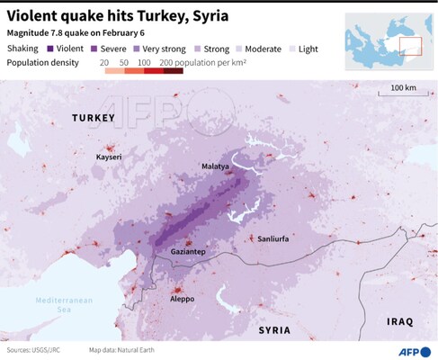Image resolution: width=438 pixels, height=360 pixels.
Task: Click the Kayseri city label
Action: [111, 157]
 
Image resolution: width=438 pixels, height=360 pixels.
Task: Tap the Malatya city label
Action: [215, 166]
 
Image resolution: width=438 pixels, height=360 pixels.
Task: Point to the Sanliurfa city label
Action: [274, 240]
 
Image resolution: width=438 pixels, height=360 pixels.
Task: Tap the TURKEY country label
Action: [94, 119]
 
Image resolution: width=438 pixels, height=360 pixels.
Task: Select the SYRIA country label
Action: [274, 330]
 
